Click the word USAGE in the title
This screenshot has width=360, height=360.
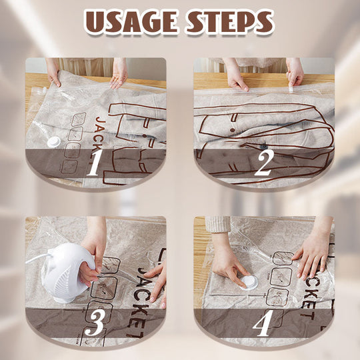[128, 22]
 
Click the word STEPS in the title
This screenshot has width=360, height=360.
[229, 22]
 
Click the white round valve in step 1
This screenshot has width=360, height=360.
[51, 141]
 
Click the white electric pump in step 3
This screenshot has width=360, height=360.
[62, 270]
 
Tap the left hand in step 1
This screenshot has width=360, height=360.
[53, 73]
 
